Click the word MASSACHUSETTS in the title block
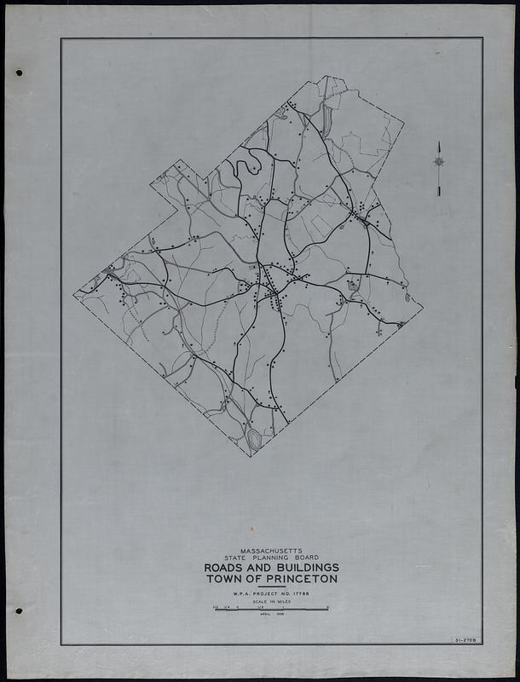tap(270, 552)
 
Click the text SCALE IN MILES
tap(270, 601)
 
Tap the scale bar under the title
tap(270, 609)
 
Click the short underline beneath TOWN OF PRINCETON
tap(270, 586)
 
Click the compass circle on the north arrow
tap(438, 161)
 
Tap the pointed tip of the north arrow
tap(438, 142)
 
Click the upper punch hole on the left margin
tap(19, 72)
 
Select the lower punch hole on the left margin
tap(19, 611)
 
